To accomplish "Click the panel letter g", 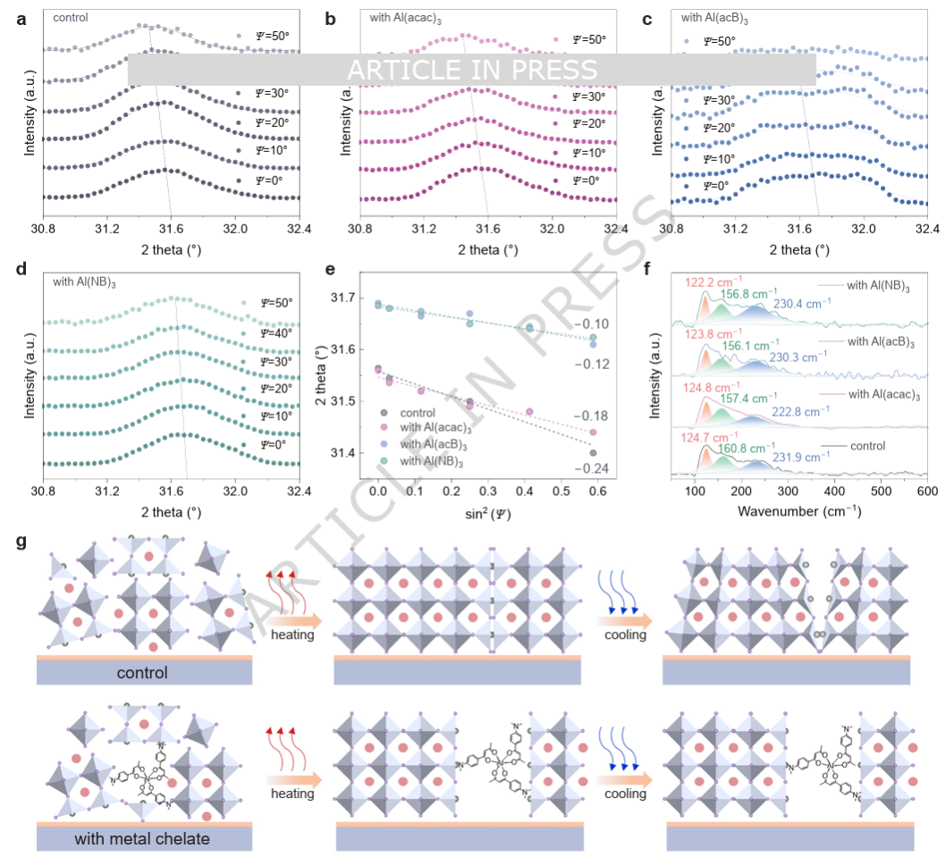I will tap(21, 542).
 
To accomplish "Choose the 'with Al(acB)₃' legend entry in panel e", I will tap(434, 445).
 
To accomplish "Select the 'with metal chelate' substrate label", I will tap(144, 839).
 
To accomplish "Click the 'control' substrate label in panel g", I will tap(143, 672).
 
